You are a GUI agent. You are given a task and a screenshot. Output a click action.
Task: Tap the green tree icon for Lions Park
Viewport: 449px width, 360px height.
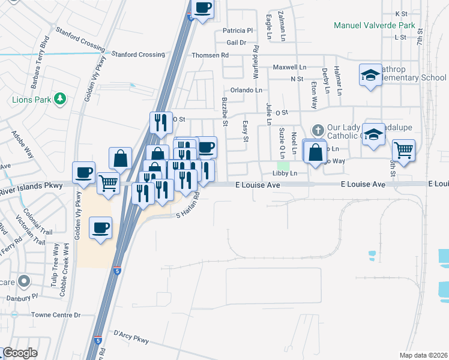pos(59,98)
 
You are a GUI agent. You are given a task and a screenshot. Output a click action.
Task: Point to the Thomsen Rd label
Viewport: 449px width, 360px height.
pos(210,55)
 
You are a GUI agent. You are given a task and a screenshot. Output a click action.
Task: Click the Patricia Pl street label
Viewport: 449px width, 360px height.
pos(238,31)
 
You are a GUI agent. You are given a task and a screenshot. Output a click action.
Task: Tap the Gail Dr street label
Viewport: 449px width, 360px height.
pos(237,43)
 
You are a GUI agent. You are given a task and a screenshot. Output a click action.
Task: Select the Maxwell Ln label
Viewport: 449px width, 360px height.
pos(289,67)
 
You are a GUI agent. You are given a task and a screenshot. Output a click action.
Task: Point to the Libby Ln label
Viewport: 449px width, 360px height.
pos(285,173)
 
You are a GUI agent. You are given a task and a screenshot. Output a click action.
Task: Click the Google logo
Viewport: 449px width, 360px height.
pos(20,353)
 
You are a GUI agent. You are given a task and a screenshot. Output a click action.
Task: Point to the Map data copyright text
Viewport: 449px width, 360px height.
pos(424,355)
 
